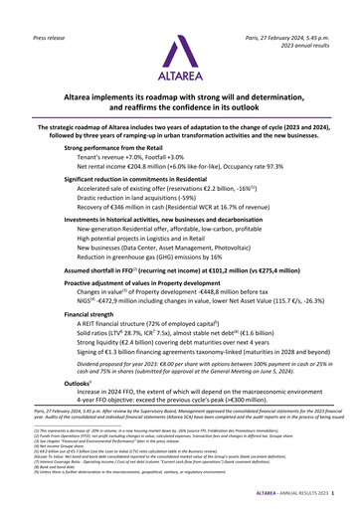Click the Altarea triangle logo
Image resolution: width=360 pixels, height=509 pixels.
click(x=180, y=44)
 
